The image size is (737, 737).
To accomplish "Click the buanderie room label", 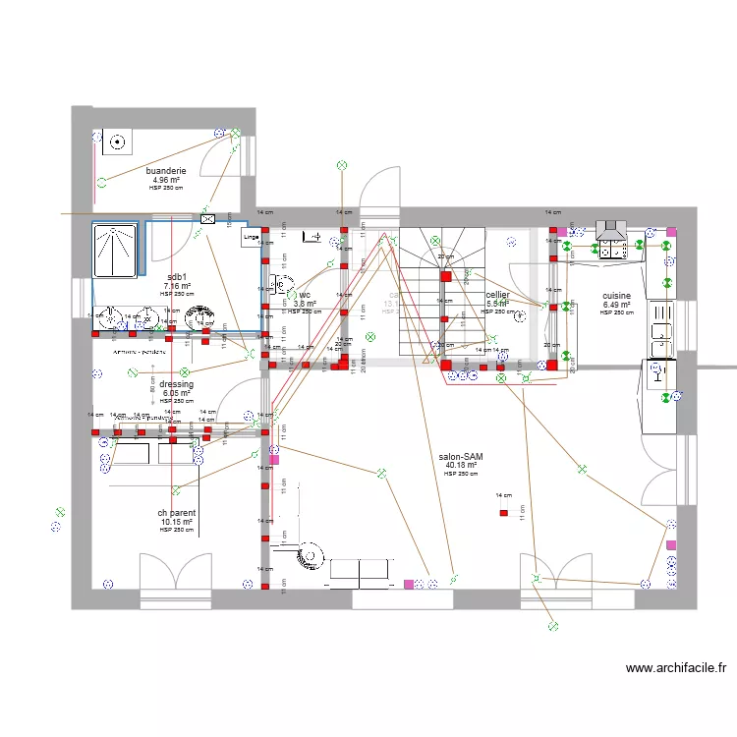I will (x=166, y=171).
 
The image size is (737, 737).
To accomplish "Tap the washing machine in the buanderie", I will (x=118, y=142).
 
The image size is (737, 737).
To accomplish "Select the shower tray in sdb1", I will (x=116, y=252).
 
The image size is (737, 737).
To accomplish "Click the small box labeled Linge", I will (x=251, y=237).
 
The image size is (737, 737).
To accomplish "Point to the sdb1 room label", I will (x=177, y=277).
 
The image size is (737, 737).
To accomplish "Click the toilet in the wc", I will (x=314, y=236).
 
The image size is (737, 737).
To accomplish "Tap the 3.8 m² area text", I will (x=305, y=304).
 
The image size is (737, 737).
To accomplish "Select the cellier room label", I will (x=497, y=295).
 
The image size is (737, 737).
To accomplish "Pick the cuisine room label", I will (x=617, y=295).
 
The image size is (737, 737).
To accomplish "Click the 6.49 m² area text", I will (x=617, y=305).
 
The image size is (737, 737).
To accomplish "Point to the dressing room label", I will (x=177, y=384).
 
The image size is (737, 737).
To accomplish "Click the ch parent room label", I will (x=177, y=513).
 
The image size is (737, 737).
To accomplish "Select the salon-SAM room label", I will (x=461, y=457).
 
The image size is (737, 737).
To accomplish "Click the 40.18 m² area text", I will (x=461, y=466).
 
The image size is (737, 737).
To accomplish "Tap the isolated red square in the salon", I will (x=503, y=512).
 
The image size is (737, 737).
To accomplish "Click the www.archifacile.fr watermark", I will (x=676, y=669).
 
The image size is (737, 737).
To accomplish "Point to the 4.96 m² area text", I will (x=166, y=180).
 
